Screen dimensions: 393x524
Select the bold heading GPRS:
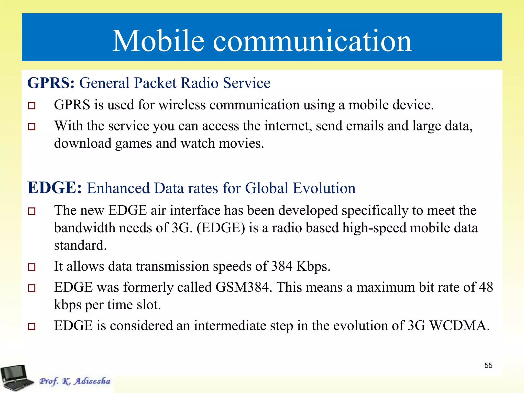pyautogui.click(x=51, y=83)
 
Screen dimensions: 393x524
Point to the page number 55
pyautogui.click(x=488, y=365)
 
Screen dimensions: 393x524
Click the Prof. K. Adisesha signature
pyautogui.click(x=75, y=381)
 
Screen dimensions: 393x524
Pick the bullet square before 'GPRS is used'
pyautogui.click(x=31, y=105)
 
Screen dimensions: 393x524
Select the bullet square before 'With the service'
pyautogui.click(x=31, y=126)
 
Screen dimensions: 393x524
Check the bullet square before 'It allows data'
pyautogui.click(x=31, y=267)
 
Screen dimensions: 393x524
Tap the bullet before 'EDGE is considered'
pyautogui.click(x=31, y=326)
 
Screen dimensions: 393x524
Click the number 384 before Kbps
pyautogui.click(x=281, y=266)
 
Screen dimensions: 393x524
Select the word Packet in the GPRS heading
pyautogui.click(x=155, y=83)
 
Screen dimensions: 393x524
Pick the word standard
pyautogui.click(x=80, y=245)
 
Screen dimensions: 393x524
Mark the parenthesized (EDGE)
pyautogui.click(x=221, y=228)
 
